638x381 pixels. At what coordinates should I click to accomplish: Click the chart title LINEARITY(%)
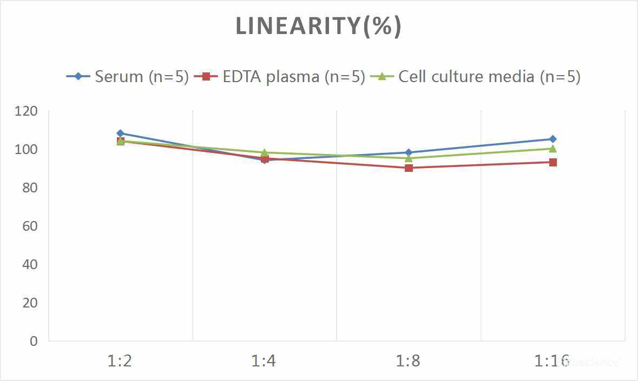click(x=318, y=26)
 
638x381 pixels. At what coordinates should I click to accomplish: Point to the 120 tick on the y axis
click(x=27, y=111)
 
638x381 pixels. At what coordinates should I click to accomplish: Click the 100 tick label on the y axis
click(x=27, y=150)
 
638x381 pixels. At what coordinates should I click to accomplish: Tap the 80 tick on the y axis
click(x=30, y=188)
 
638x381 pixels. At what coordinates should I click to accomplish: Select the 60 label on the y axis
click(x=30, y=226)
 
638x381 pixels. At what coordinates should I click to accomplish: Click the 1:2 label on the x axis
click(x=120, y=361)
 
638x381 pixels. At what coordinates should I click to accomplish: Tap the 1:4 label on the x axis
click(x=264, y=361)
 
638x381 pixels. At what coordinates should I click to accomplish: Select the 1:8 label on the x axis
click(x=409, y=361)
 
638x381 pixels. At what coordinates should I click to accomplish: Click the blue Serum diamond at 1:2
click(x=120, y=133)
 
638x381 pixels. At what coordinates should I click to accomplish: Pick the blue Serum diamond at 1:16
click(x=553, y=139)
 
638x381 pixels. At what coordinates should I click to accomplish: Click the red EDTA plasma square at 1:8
click(x=409, y=168)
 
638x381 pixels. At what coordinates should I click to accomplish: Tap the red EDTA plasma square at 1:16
click(x=553, y=162)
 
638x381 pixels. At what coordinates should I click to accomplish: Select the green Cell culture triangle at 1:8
click(x=409, y=158)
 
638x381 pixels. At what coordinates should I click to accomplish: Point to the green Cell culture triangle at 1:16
click(x=553, y=149)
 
